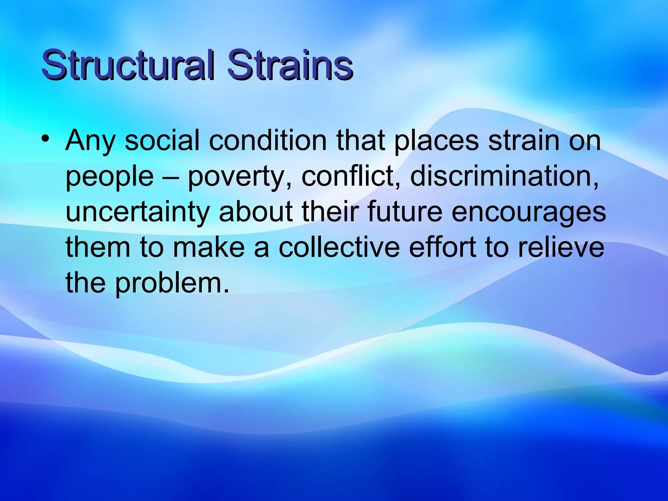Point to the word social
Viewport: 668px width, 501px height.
point(162,140)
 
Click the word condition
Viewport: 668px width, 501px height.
point(267,140)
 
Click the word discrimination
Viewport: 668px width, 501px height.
point(504,176)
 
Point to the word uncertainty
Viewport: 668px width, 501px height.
point(137,212)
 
